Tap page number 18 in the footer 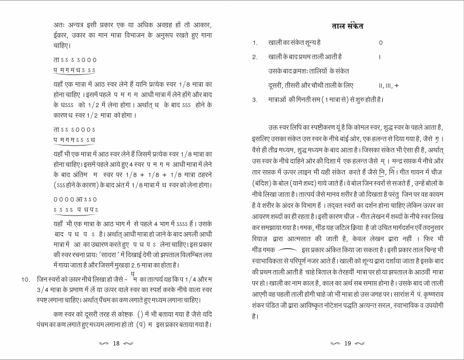click(115, 343)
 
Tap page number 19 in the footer click(347, 343)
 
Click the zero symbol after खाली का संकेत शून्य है click(380, 42)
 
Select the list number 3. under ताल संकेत click(256, 99)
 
